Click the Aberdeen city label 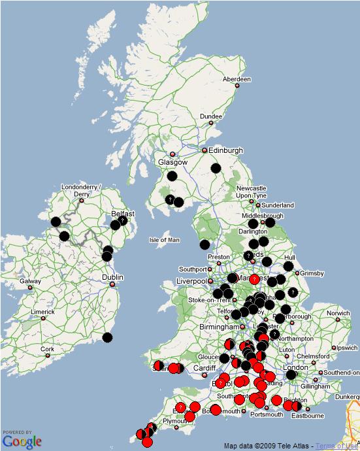[237, 79]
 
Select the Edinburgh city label [225, 150]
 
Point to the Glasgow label [172, 162]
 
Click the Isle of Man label [164, 240]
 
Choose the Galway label [30, 282]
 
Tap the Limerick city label [42, 312]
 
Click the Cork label [47, 350]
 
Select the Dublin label [112, 277]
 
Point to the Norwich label [338, 313]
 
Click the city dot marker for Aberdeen [237, 86]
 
